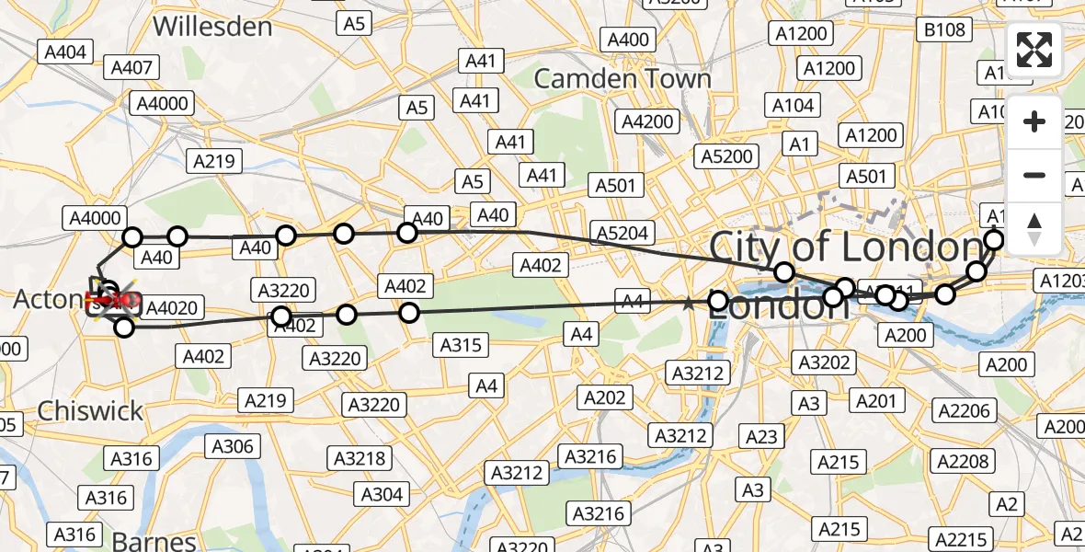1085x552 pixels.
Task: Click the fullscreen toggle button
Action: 1034,50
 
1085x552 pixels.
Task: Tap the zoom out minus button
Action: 1034,175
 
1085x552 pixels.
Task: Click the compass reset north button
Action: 1034,227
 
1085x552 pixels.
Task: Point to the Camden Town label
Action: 622,79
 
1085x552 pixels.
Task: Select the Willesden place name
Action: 212,27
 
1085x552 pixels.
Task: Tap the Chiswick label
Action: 90,410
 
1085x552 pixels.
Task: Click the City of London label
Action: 846,247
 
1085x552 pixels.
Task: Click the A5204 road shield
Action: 622,234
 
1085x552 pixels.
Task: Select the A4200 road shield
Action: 648,121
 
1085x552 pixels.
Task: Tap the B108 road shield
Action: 944,30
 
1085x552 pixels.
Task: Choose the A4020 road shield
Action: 172,308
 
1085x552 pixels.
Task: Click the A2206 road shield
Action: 964,410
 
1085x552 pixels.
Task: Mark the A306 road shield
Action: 233,446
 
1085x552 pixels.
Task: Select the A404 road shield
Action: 65,52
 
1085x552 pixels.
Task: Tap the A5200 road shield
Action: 726,155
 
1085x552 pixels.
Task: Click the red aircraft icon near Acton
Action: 110,299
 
